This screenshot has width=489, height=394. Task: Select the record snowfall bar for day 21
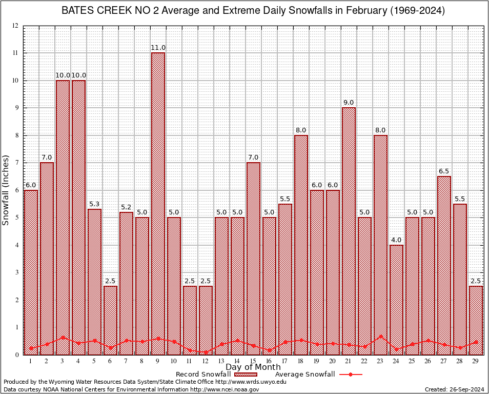[x=349, y=231]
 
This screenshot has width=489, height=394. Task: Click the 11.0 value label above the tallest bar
[x=158, y=48]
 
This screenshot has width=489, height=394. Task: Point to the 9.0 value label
[x=349, y=103]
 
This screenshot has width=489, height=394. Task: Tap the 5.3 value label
[x=94, y=204]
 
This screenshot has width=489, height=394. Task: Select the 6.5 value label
[x=444, y=171]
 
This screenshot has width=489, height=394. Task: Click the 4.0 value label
[x=396, y=240]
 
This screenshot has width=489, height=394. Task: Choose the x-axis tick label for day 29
[x=476, y=361]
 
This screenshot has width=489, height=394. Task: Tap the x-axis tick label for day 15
[x=253, y=361]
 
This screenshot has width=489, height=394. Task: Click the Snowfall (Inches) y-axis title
[x=6, y=190]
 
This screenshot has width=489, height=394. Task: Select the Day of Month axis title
[x=253, y=367]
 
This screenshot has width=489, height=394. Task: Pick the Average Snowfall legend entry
[x=304, y=375]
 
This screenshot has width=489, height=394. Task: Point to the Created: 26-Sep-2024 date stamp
[x=454, y=389]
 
